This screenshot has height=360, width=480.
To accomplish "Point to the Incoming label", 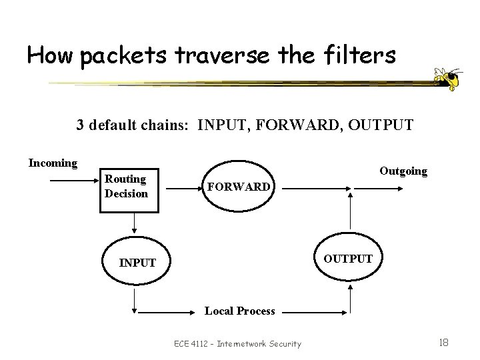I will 53,163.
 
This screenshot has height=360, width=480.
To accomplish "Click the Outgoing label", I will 403,171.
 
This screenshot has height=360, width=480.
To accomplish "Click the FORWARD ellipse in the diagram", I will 238,186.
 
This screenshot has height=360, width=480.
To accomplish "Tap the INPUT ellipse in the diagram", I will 137,263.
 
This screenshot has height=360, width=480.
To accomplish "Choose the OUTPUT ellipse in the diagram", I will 348,258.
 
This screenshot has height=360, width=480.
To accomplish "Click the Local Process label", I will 239,311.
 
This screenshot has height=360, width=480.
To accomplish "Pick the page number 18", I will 443,342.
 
